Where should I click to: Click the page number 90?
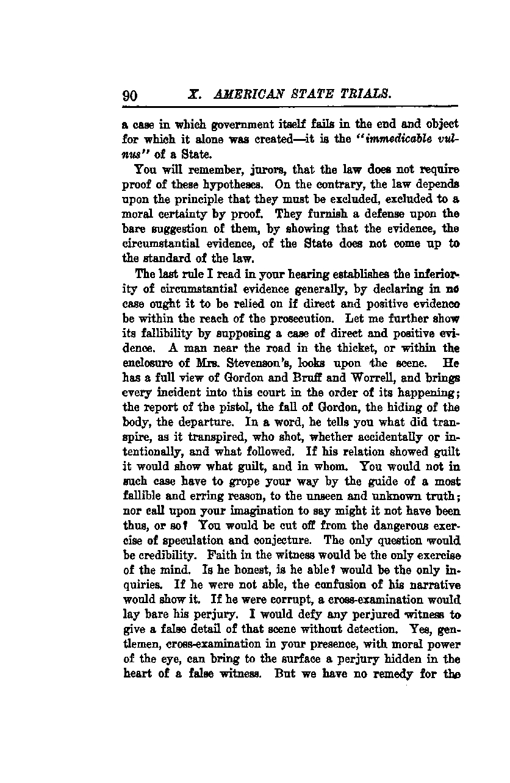click(131, 95)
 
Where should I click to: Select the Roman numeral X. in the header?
click(195, 95)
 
